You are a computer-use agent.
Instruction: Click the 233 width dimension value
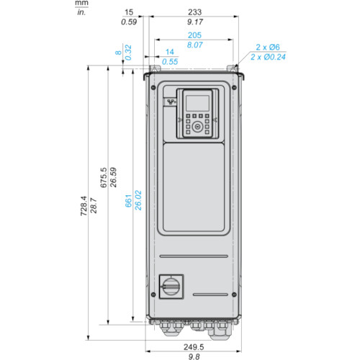194,12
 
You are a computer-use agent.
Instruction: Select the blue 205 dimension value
194,35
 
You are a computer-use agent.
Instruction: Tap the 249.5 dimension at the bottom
194,347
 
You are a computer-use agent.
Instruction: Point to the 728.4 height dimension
84,206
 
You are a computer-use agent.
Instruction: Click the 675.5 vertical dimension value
103,178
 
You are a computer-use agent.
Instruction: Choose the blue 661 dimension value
128,201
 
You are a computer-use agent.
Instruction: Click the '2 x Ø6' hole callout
268,47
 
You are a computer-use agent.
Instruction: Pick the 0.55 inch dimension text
170,62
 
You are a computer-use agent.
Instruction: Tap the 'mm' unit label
82,4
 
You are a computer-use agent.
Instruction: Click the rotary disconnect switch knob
171,287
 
